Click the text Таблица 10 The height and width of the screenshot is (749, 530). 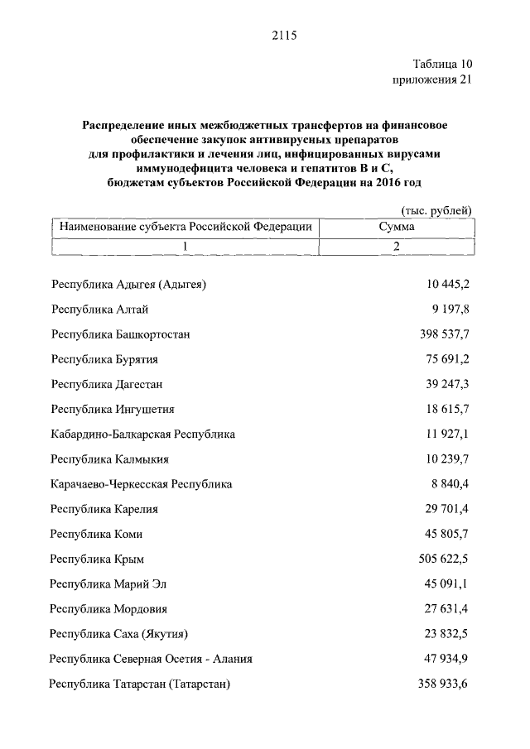442,64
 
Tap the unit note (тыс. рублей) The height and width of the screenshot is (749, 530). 436,210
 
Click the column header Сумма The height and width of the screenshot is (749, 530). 397,226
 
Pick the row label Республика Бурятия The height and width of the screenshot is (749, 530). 104,359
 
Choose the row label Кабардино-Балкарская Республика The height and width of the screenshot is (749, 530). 142,434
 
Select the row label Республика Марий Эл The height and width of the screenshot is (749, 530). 108,584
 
